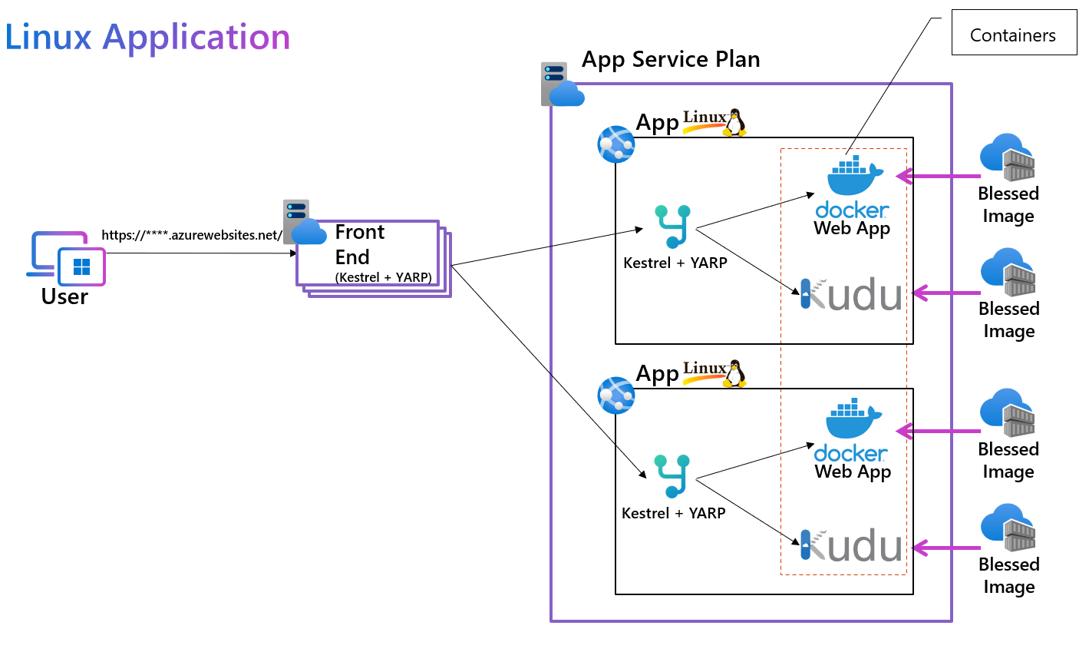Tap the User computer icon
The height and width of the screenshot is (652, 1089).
point(68,258)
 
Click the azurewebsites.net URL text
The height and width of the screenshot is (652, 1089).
point(192,235)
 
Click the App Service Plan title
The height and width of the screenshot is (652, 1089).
point(670,59)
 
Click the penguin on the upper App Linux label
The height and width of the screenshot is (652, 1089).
point(735,122)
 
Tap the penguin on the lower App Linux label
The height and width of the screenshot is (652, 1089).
point(735,373)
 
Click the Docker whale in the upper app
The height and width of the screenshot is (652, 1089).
point(854,176)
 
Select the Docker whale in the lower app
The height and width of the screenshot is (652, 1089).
point(853,419)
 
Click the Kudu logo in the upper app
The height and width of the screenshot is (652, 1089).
point(852,295)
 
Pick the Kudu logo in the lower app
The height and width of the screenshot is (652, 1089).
point(852,545)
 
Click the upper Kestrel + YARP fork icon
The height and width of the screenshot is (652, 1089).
point(673,226)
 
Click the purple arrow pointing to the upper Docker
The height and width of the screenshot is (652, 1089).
point(938,177)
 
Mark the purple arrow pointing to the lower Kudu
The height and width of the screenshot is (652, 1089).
point(946,548)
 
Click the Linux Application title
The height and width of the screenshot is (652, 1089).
point(147,37)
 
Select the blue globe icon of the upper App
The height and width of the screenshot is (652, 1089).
point(616,144)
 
